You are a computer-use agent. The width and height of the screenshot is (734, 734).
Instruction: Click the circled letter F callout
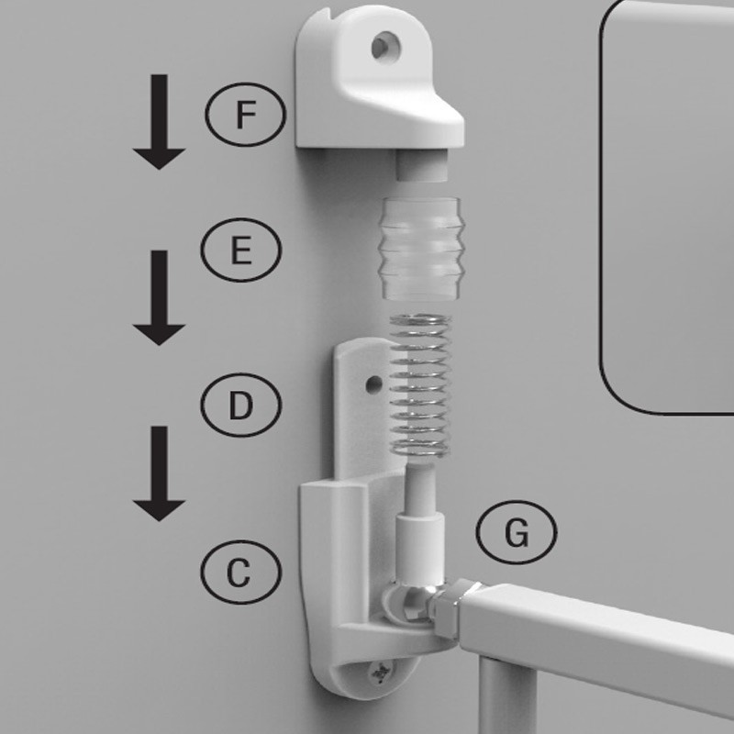[x=245, y=114]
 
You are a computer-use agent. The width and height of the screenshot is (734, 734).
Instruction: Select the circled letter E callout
[x=241, y=250]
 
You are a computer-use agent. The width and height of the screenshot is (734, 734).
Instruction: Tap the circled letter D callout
[x=241, y=405]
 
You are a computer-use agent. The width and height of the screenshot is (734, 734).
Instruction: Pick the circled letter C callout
[x=241, y=572]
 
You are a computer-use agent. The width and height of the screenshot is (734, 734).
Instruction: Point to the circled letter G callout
[x=517, y=532]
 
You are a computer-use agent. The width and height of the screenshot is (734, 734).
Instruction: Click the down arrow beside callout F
[x=159, y=122]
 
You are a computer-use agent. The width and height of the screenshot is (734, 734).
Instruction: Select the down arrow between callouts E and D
[x=159, y=297]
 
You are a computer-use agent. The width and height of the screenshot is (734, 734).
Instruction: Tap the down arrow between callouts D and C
[x=159, y=473]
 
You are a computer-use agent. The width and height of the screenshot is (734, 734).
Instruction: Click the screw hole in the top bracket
[x=385, y=47]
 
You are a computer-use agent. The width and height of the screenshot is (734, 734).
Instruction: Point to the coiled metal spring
[x=420, y=386]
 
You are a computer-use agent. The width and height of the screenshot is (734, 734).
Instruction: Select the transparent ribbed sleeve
[x=421, y=248]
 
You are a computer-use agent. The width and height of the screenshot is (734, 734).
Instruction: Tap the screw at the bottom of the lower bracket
[x=380, y=673]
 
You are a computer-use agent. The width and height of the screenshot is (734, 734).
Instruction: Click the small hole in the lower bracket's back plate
[x=374, y=384]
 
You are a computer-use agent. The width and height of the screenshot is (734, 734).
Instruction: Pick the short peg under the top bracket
[x=422, y=165]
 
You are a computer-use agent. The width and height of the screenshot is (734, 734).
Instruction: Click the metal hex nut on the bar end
[x=445, y=607]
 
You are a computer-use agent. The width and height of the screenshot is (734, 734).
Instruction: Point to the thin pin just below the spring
[x=420, y=487]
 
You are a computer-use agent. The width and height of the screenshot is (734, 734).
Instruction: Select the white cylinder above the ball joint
[x=420, y=548]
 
